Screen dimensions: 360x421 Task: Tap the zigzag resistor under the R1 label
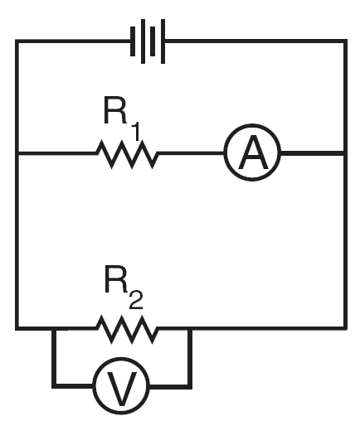click(x=128, y=154)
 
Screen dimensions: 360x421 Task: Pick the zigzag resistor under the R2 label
click(x=128, y=329)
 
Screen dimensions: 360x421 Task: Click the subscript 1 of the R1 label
click(x=135, y=132)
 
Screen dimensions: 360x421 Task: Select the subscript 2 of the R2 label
click(x=136, y=301)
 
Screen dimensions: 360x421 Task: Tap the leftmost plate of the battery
click(x=133, y=41)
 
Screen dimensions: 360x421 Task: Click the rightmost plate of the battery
click(x=163, y=41)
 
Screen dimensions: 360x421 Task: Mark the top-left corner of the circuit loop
click(x=17, y=41)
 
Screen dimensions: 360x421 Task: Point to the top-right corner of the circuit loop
click(x=345, y=41)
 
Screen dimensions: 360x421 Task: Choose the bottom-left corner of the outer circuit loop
click(x=17, y=328)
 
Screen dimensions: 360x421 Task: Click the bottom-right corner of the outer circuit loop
click(x=345, y=328)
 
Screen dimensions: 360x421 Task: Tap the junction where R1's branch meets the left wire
click(x=17, y=153)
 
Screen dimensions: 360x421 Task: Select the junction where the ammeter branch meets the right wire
click(x=345, y=153)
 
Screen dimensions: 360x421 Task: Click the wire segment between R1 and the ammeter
click(x=191, y=152)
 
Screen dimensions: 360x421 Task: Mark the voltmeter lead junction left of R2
click(x=54, y=328)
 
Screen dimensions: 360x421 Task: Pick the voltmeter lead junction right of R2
click(x=190, y=328)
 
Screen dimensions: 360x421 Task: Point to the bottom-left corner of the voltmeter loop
click(x=54, y=386)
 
